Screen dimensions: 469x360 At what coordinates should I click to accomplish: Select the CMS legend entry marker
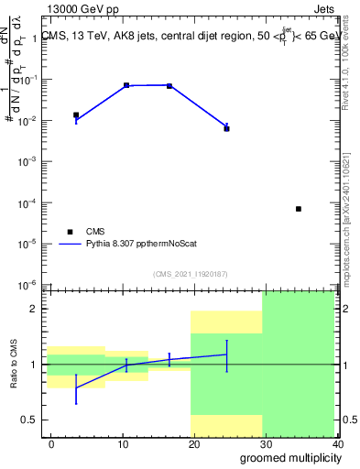tap(69, 232)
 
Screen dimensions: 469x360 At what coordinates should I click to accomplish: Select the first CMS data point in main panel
tap(76, 115)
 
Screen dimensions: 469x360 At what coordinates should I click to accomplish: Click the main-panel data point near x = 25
tap(226, 128)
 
